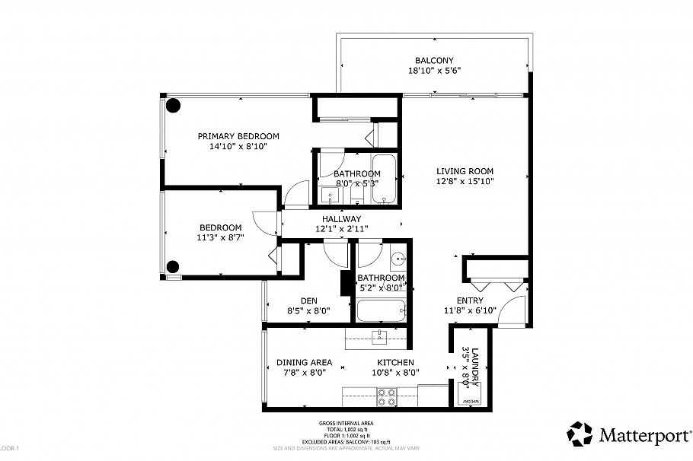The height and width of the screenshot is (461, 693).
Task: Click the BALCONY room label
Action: click(x=434, y=61)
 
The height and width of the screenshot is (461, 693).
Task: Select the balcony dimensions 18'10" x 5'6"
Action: click(x=434, y=71)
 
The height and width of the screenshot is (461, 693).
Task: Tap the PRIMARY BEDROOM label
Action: click(x=238, y=135)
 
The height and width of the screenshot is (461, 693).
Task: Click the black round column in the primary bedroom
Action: click(x=174, y=106)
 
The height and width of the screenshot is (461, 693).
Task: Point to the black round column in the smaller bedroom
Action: click(x=174, y=266)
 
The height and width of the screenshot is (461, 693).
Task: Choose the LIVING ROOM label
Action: click(x=465, y=171)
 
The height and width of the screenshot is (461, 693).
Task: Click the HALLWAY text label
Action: click(x=341, y=218)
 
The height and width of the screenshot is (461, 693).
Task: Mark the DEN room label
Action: click(x=297, y=300)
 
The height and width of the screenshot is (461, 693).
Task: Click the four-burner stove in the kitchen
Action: click(x=387, y=396)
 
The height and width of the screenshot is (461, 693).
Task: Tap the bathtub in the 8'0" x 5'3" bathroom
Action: click(x=384, y=179)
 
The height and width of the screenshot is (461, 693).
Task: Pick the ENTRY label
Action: click(x=470, y=300)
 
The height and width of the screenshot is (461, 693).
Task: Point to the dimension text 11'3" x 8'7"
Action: click(x=221, y=237)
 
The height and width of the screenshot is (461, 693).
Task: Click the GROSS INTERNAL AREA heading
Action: click(x=346, y=423)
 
